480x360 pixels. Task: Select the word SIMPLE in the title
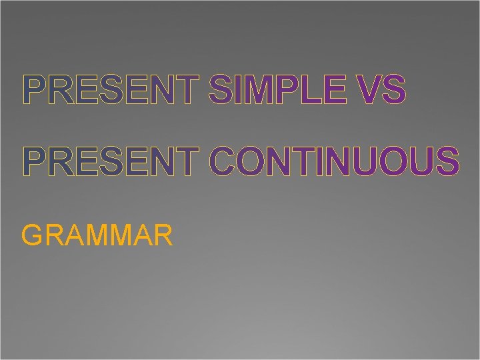tap(277, 91)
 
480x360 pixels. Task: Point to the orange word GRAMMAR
tap(97, 235)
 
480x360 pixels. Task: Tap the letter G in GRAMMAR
tap(33, 235)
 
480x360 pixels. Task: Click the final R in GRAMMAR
tap(164, 235)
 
